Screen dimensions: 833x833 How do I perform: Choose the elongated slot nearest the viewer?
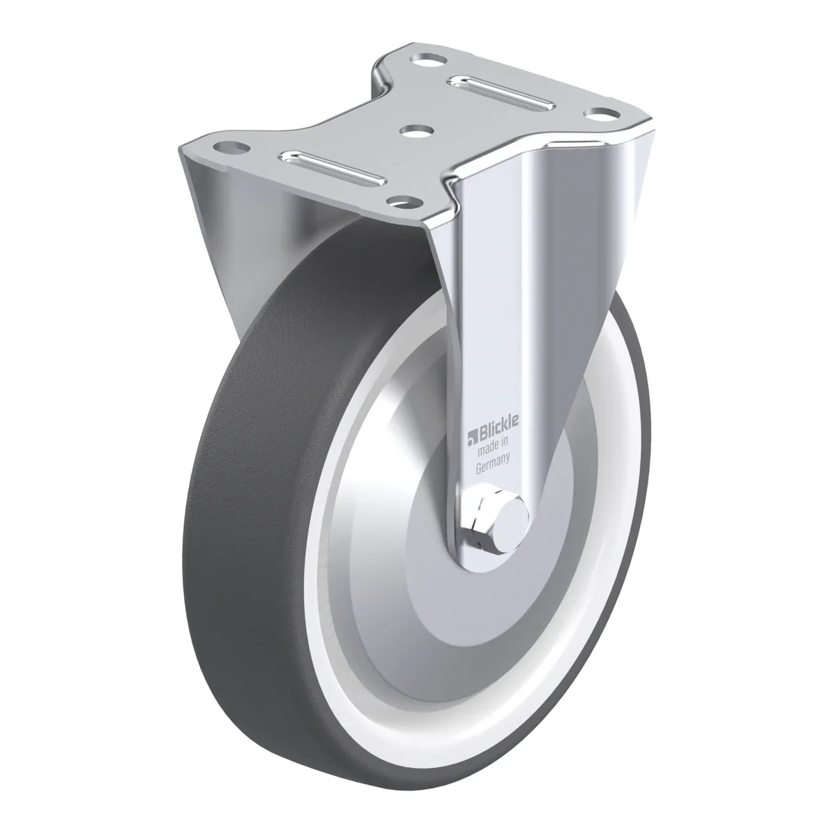[332, 169]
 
